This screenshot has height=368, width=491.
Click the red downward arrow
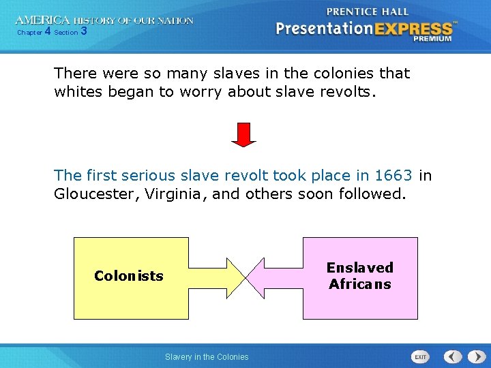[243, 134]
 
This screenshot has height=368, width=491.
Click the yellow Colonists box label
[129, 276]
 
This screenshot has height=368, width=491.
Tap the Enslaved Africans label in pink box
[360, 276]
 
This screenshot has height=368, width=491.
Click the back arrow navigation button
[453, 356]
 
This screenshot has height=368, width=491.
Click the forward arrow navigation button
[474, 356]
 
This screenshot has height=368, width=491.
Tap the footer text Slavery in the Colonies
[207, 356]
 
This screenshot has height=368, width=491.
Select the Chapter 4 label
[33, 32]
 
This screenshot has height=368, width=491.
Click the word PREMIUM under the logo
[432, 40]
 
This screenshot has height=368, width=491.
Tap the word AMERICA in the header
[42, 20]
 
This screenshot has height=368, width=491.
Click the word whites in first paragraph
[78, 92]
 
